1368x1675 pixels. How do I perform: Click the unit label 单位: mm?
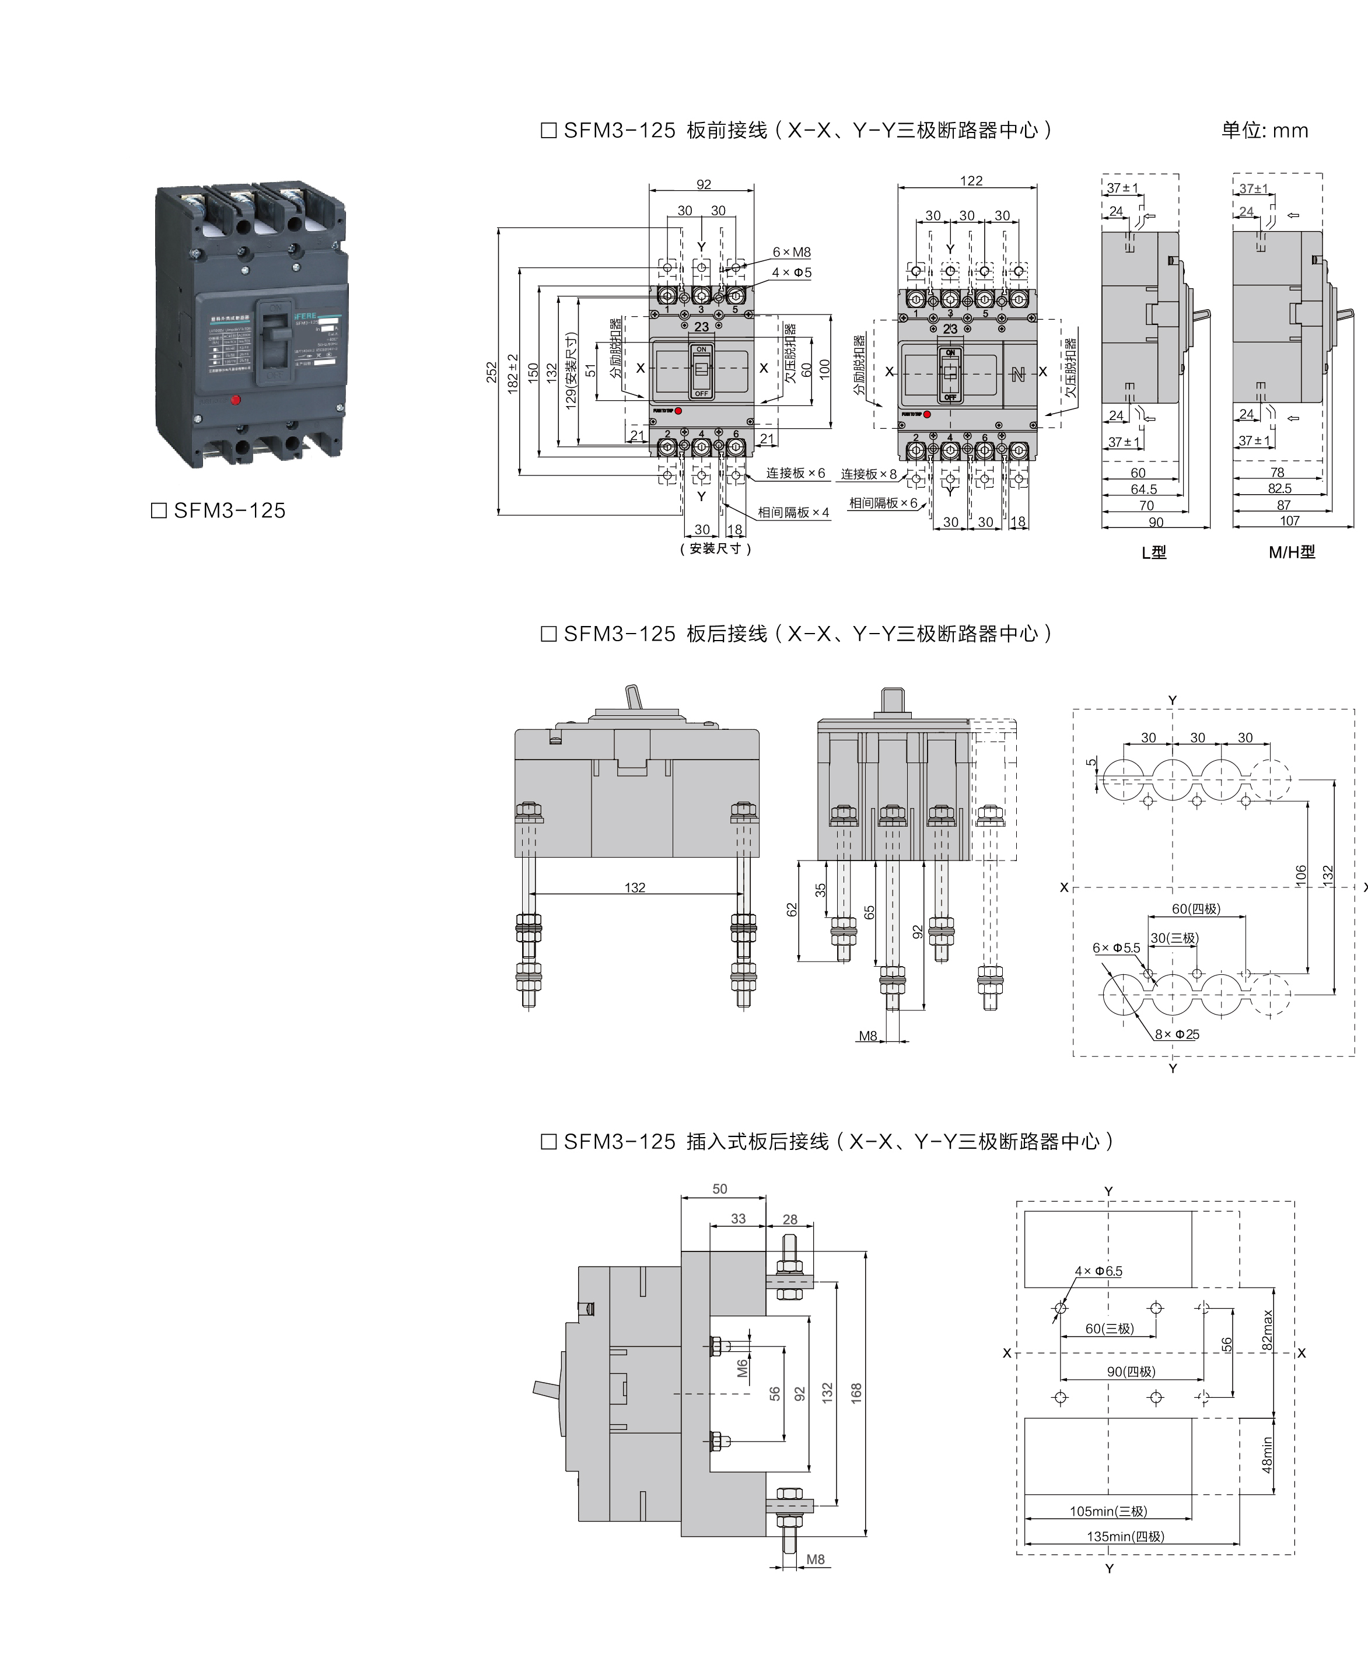[x=1264, y=131]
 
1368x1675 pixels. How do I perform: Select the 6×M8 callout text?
[x=791, y=252]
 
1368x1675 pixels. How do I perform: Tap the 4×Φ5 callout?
[x=791, y=272]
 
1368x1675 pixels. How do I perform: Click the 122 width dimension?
[x=971, y=181]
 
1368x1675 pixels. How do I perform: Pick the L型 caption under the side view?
[x=1154, y=552]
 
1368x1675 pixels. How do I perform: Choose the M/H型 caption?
[x=1292, y=552]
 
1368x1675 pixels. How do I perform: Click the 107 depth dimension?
[x=1289, y=521]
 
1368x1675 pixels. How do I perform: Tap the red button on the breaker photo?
[x=235, y=400]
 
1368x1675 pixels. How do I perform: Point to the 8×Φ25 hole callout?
[x=1177, y=1034]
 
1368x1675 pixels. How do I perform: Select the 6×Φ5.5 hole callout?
[x=1116, y=948]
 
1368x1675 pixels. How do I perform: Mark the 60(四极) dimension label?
[x=1195, y=908]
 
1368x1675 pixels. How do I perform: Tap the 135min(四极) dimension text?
[x=1125, y=1536]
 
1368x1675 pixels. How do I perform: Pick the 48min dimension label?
[x=1267, y=1454]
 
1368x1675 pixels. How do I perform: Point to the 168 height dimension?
[x=856, y=1393]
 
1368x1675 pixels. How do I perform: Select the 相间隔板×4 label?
[x=793, y=513]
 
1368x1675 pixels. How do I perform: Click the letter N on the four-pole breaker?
[x=1017, y=375]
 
